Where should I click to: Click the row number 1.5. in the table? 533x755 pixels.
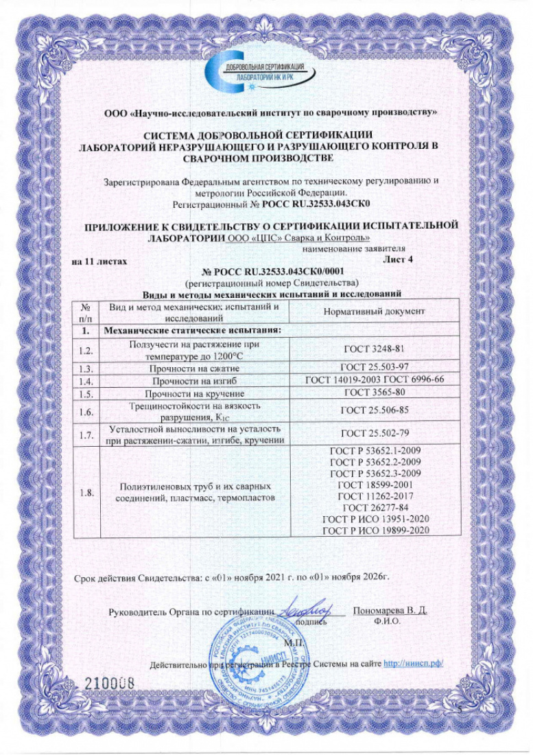coord(86,394)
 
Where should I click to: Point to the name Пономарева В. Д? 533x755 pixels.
coord(389,610)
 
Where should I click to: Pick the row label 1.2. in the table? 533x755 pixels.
coord(86,350)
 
